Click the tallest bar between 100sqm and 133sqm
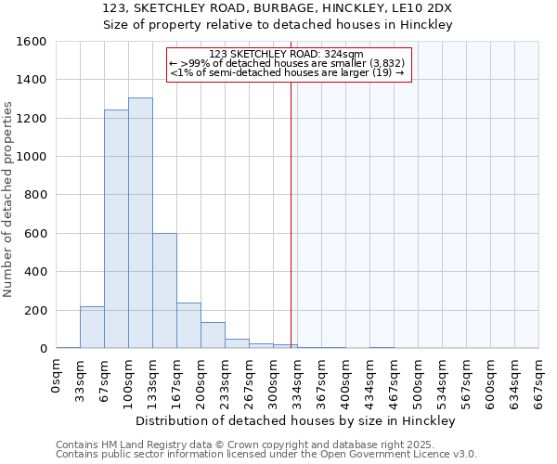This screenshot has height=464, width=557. [140, 223]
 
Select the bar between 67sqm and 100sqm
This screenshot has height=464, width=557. [116, 229]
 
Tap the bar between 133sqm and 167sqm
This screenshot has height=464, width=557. [164, 290]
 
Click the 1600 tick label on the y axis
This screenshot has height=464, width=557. [32, 42]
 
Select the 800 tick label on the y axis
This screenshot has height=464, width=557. [35, 195]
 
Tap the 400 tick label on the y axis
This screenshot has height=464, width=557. [35, 272]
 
